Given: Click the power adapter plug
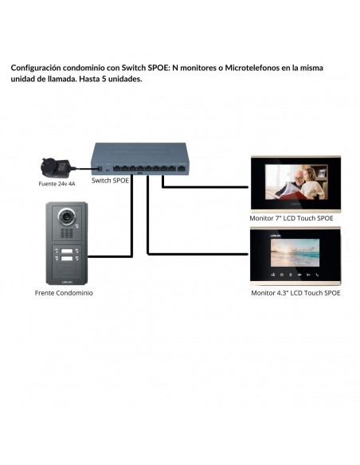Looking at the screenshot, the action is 55,167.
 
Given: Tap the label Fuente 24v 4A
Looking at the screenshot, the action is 57,184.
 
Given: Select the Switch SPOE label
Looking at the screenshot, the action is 111,180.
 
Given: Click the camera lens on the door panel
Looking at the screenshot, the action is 67,217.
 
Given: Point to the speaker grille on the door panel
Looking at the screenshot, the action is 67,233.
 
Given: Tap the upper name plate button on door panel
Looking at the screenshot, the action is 67,251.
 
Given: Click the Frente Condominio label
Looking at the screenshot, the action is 64,293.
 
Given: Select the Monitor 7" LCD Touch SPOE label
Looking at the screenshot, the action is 292,218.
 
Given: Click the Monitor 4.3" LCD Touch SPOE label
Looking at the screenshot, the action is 295,293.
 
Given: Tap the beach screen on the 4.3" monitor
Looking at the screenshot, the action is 295,252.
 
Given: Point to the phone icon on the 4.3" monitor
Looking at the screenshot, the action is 317,275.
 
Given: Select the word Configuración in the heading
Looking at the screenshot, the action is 36,68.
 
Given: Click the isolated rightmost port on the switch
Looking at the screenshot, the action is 181,169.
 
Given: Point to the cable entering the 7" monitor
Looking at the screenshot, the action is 205,187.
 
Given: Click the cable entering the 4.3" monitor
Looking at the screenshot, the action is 198,254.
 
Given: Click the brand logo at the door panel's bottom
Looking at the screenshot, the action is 67,281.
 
